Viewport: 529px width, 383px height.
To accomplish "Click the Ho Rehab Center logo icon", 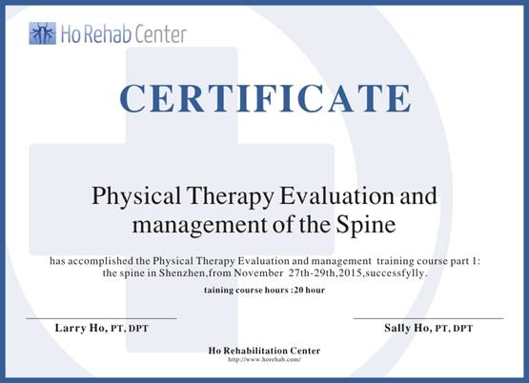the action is point(43,33).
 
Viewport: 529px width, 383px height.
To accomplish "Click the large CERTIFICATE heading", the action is point(266,98).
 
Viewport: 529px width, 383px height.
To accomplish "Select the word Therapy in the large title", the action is point(231,196).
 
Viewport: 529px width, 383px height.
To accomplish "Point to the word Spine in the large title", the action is point(365,226).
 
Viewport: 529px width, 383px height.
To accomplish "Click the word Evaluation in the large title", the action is point(336,195).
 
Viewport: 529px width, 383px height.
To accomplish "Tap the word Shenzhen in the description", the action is point(182,272).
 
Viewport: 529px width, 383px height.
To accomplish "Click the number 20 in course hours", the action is point(298,291).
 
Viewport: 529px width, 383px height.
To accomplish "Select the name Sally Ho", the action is point(408,328).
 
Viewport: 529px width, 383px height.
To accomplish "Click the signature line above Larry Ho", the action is point(102,318).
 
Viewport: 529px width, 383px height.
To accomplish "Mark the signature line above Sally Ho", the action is point(429,318).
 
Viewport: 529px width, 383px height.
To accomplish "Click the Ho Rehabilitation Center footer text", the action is point(264,351).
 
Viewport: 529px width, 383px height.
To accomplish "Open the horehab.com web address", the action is point(264,359).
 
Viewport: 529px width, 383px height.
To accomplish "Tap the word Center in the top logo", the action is point(157,34).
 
